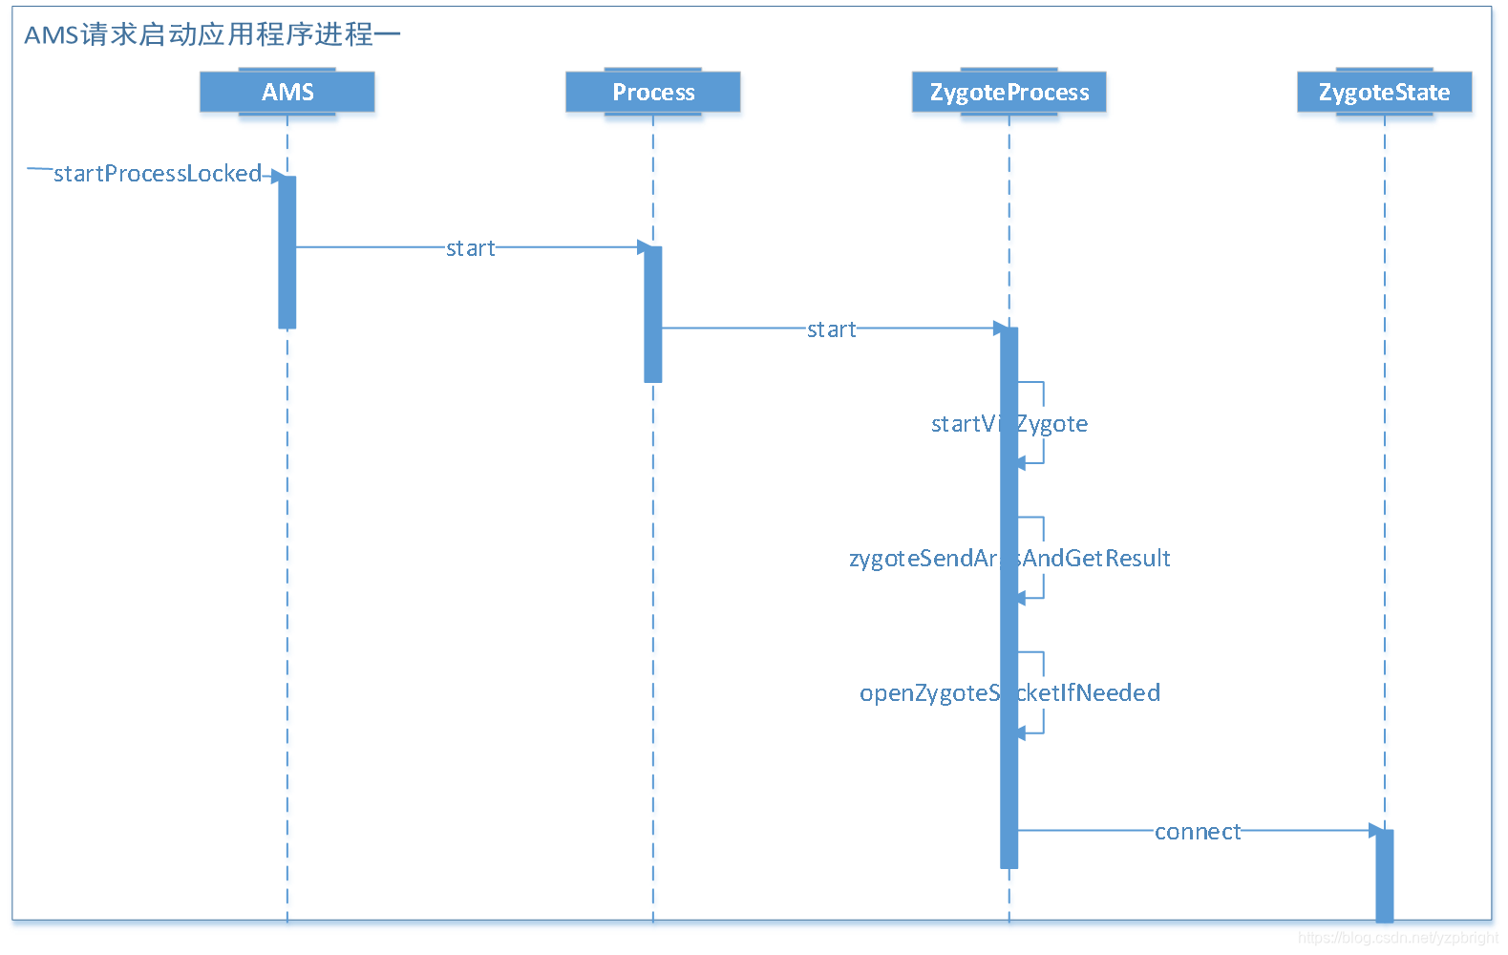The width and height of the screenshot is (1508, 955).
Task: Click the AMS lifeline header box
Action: tap(287, 93)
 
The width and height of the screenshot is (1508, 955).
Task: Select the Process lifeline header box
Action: tap(653, 93)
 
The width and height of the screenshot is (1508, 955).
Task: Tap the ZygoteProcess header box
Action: tap(1009, 93)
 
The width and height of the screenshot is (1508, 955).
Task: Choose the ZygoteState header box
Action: tap(1384, 93)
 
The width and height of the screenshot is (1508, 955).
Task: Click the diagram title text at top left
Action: tap(211, 34)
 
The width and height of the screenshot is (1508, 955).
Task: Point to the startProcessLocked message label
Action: tap(158, 173)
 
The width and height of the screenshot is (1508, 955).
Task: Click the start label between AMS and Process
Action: tap(470, 248)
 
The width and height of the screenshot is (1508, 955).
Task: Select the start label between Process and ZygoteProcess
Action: tap(831, 329)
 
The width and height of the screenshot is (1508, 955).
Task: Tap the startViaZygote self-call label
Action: tap(1009, 423)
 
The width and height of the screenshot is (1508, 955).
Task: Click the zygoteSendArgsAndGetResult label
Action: tap(1009, 558)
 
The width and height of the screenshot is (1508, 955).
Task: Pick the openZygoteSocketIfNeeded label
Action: tap(1009, 692)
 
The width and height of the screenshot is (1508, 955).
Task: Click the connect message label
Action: tap(1197, 832)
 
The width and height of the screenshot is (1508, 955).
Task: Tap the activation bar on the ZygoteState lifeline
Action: tap(1384, 874)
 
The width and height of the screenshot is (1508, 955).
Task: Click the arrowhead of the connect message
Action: tap(1375, 831)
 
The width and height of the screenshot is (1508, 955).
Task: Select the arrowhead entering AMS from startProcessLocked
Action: tap(278, 176)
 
